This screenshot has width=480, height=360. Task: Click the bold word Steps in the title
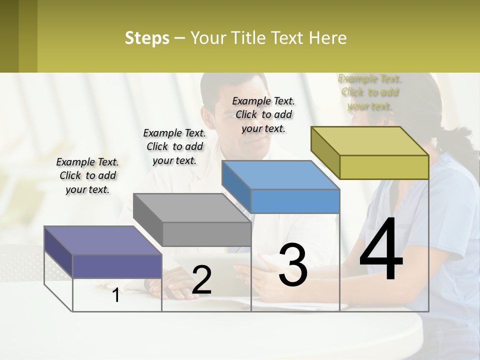[x=147, y=38]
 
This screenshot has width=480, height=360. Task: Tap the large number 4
[x=381, y=249]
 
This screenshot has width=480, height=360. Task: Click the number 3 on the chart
[x=293, y=265]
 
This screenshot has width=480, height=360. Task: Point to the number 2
[x=201, y=280]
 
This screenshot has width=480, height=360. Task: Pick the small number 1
[x=116, y=295]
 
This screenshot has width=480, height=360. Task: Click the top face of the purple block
[x=103, y=240]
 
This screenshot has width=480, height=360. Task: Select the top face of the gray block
[x=192, y=208]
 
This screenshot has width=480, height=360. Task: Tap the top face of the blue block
[x=280, y=175]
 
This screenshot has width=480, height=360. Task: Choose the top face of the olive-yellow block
[x=370, y=141]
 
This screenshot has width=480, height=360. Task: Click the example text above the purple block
[x=87, y=175]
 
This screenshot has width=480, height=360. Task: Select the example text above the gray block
[x=174, y=146]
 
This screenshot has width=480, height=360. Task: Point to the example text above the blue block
[x=263, y=114]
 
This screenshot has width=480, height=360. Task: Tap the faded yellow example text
[x=369, y=92]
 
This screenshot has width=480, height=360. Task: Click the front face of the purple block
[x=117, y=266]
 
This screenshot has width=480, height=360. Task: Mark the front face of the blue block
[x=295, y=201]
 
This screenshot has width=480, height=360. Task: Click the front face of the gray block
[x=206, y=234]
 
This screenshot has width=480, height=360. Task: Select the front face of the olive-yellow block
[x=384, y=167]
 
